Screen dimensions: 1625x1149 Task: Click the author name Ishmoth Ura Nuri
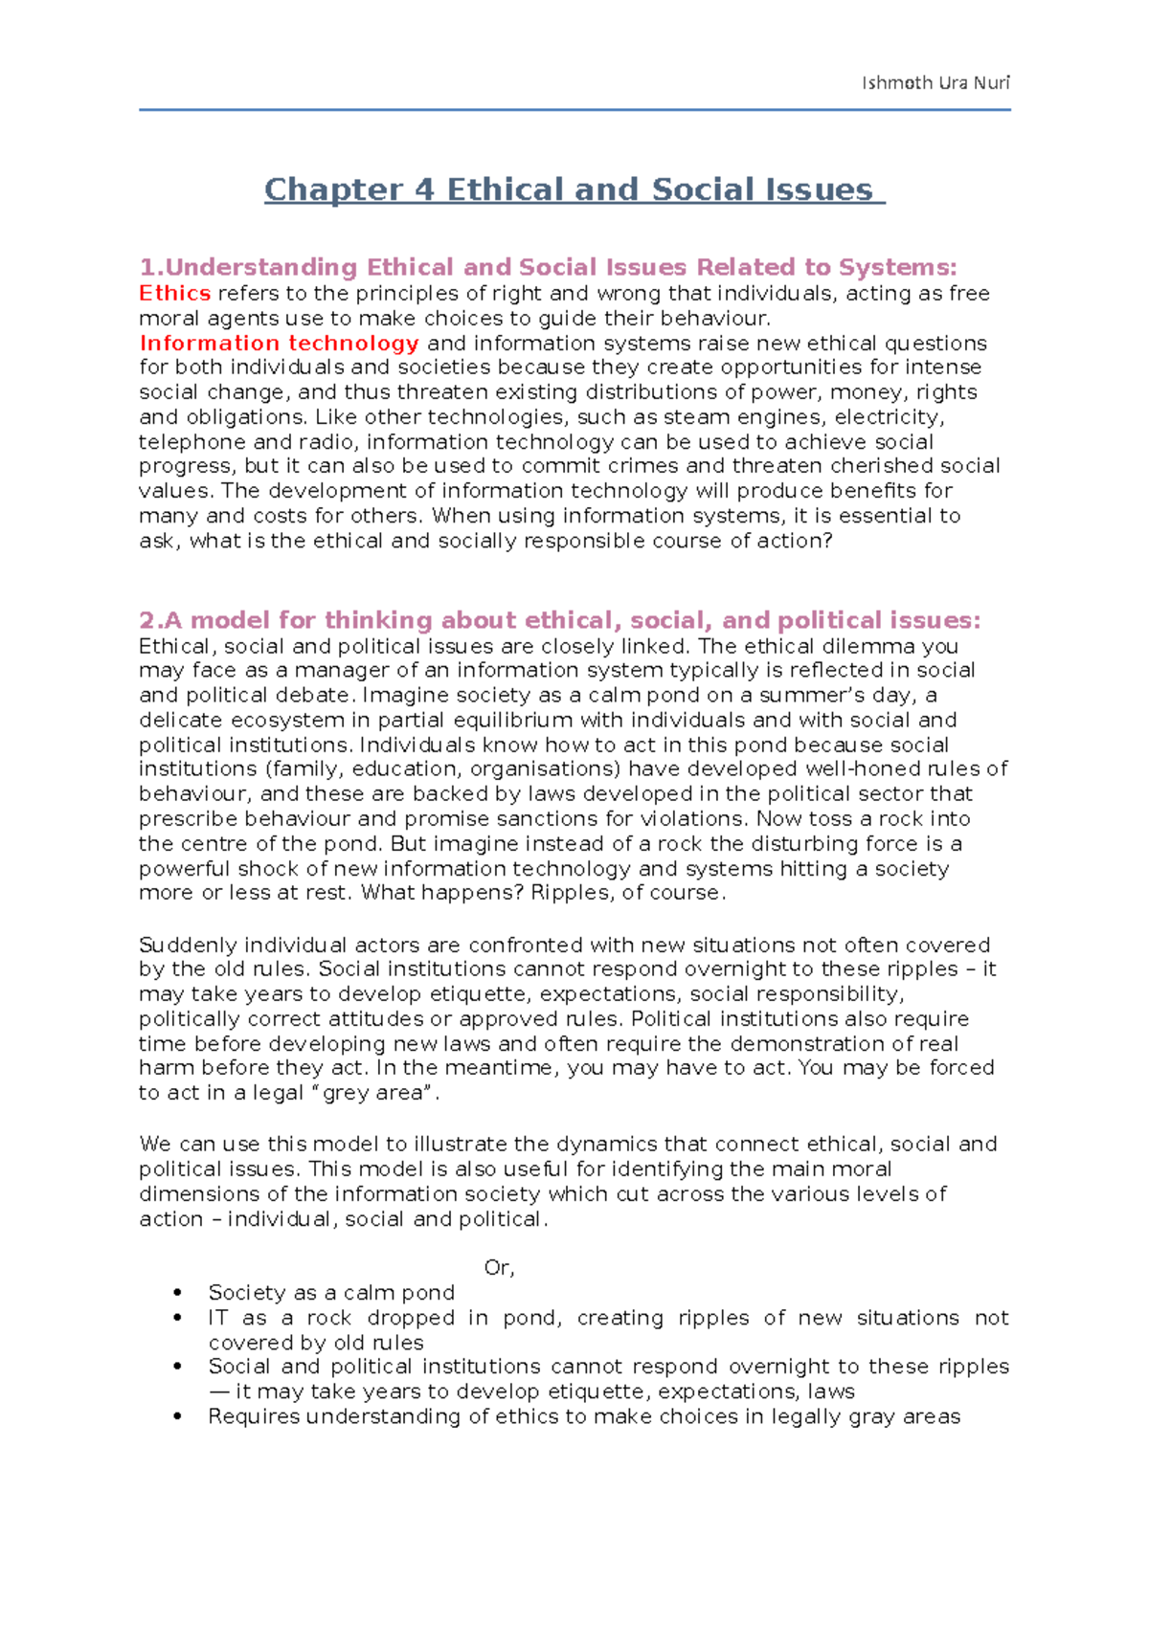pos(935,82)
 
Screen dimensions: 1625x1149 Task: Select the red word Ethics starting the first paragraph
pos(174,294)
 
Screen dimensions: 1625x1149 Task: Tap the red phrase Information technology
pos(279,344)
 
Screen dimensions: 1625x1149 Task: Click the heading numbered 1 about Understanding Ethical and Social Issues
pos(548,267)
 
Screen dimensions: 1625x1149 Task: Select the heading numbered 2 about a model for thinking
pos(560,620)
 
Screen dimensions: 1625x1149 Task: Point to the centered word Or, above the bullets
pos(499,1268)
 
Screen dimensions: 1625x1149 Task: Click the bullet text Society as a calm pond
pos(331,1293)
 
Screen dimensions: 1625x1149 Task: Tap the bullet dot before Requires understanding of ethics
pos(177,1417)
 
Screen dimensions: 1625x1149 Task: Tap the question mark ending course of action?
pos(828,542)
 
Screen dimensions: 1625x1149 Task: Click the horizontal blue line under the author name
pos(574,110)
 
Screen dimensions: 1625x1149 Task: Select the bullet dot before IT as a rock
pos(177,1319)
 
